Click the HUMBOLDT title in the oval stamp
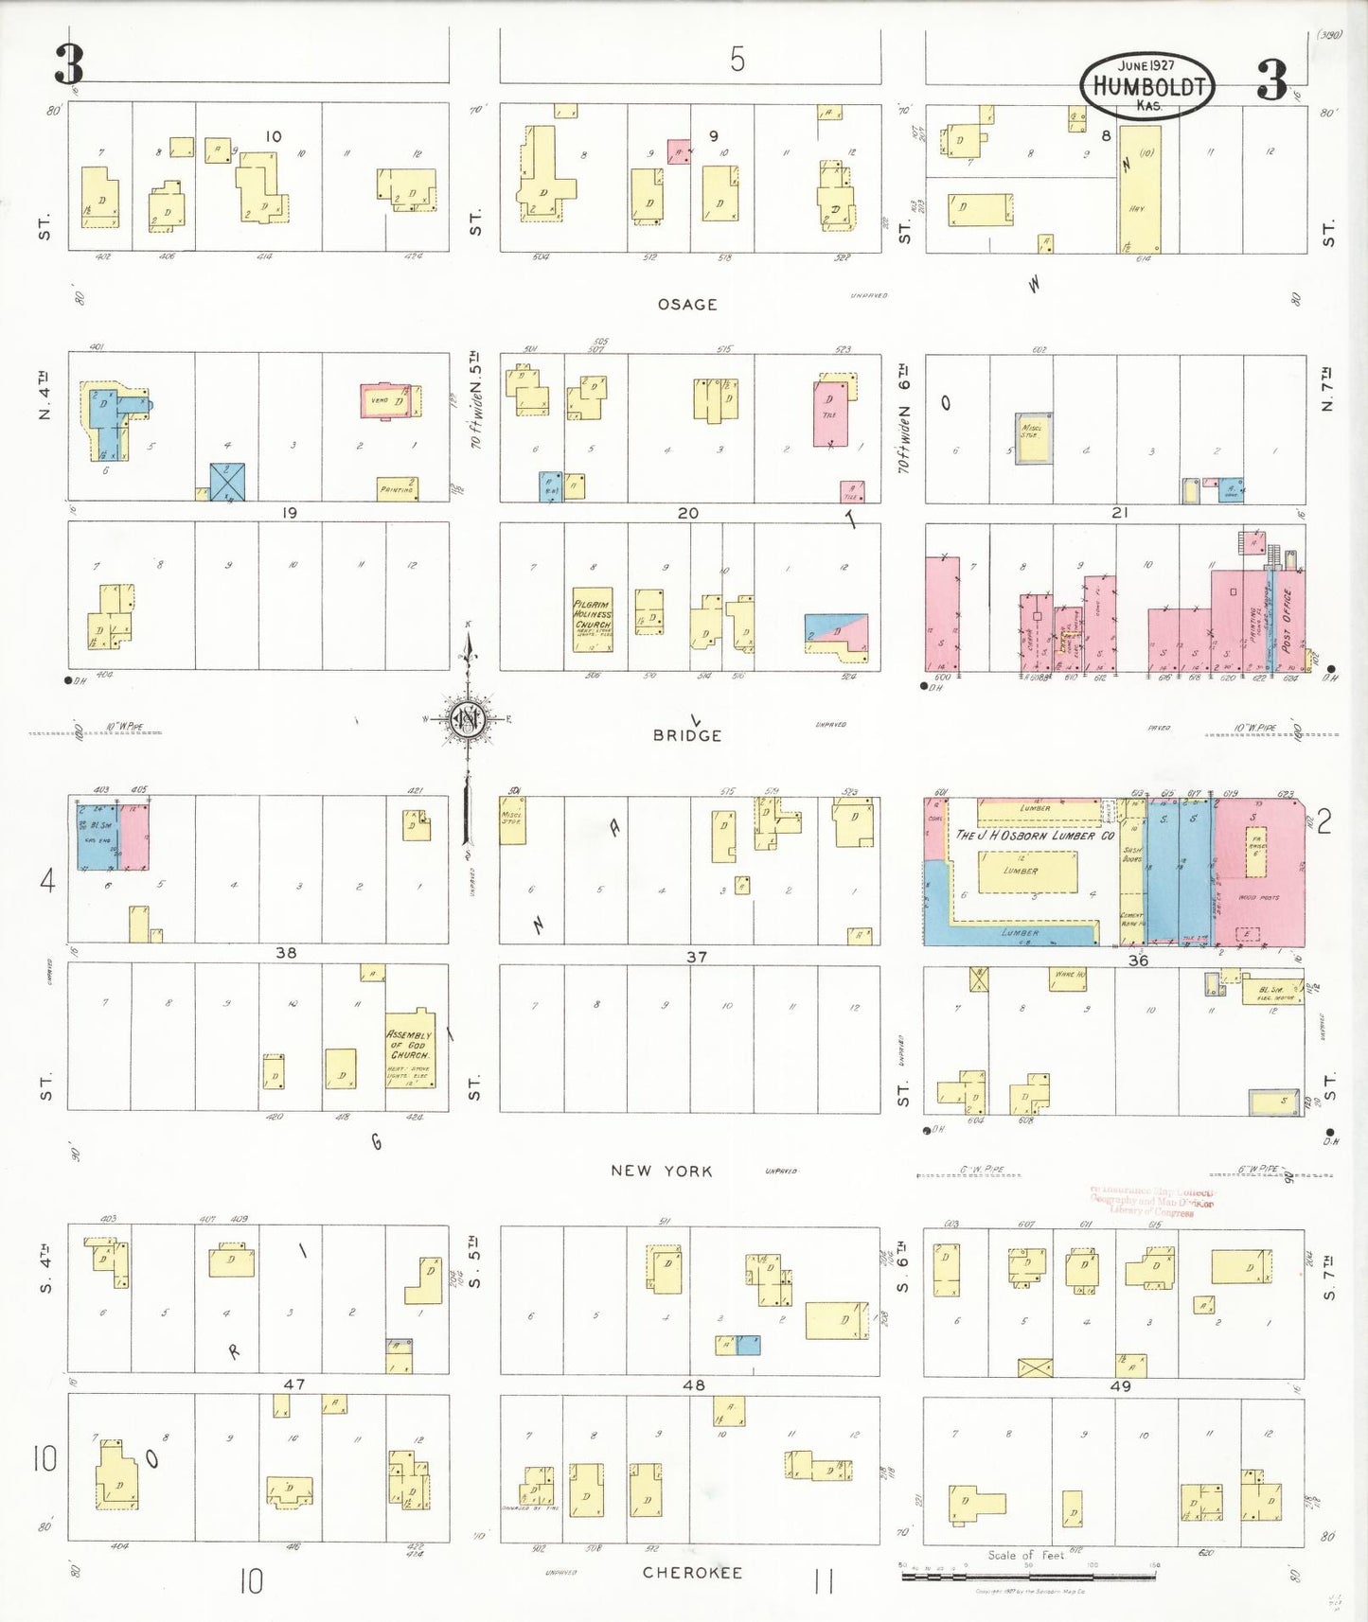click(x=1148, y=86)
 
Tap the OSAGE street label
click(x=687, y=305)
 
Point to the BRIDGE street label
click(x=687, y=735)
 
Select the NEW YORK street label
click(x=661, y=1171)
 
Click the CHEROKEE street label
click(x=692, y=1573)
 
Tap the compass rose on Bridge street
click(x=467, y=720)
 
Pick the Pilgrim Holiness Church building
click(x=593, y=620)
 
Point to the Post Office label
click(x=1288, y=620)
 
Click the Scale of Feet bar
click(x=1029, y=1576)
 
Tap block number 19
click(x=290, y=513)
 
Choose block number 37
click(x=697, y=958)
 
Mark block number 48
click(x=694, y=1385)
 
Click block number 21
click(x=1120, y=513)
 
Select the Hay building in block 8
click(x=1140, y=189)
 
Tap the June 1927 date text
click(x=1146, y=66)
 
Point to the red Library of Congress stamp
click(x=1151, y=1202)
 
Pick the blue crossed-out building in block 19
click(x=227, y=482)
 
